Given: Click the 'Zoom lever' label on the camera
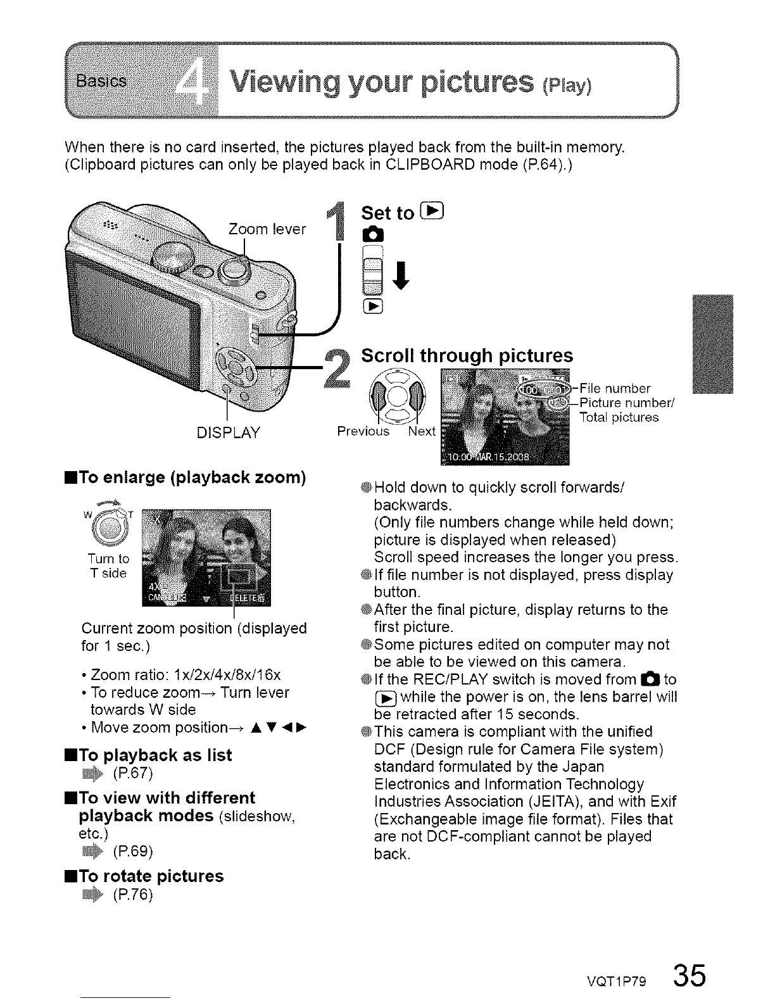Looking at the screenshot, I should (267, 229).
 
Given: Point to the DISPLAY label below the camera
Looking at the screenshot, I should (229, 433).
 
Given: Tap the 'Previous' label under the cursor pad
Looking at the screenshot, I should (363, 431).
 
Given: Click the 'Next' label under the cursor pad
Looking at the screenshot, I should (422, 431).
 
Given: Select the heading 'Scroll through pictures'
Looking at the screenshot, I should (467, 355).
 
